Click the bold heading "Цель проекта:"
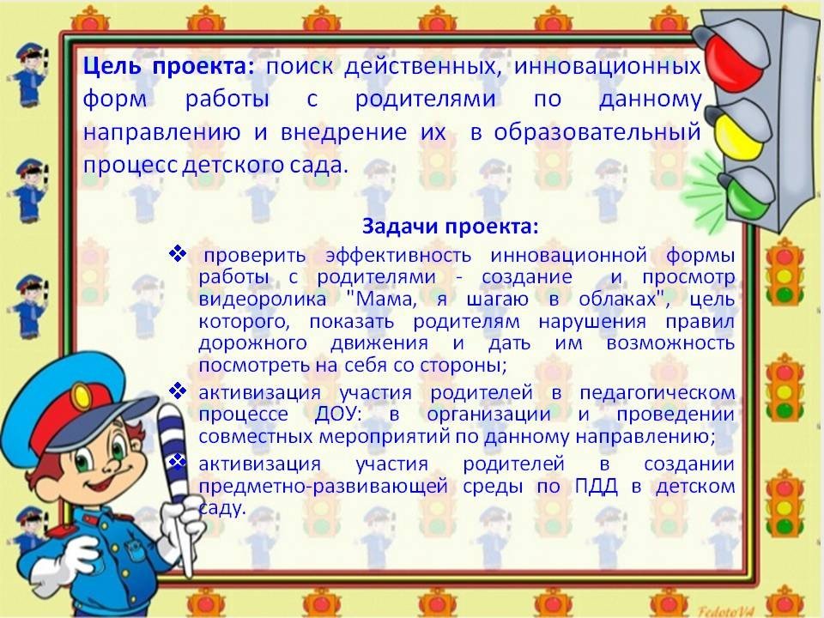[x=168, y=67]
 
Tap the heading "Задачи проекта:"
[x=451, y=226]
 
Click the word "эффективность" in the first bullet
[x=398, y=256]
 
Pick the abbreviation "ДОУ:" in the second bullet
[x=338, y=414]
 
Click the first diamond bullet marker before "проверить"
[x=178, y=254]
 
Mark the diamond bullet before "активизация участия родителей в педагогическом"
[x=178, y=391]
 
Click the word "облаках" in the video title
[x=617, y=299]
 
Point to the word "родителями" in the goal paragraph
[x=425, y=100]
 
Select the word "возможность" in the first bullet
[x=670, y=343]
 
